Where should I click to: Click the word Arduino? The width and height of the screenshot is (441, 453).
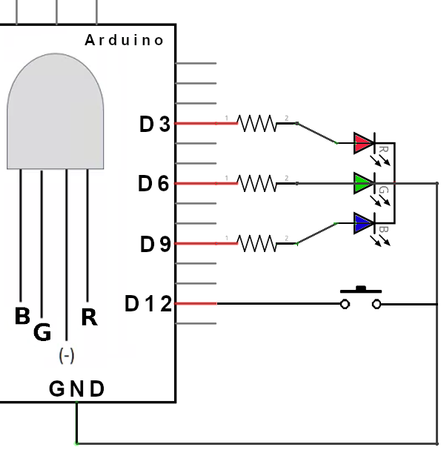click(x=125, y=40)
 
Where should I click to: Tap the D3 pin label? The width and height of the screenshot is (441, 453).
click(x=155, y=124)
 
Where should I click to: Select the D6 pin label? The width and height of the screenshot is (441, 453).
click(x=153, y=183)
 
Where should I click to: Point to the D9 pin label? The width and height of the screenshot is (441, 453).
click(x=156, y=244)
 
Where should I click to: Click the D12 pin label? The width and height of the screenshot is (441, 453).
click(x=148, y=304)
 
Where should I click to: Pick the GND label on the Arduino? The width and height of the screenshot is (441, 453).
click(x=76, y=388)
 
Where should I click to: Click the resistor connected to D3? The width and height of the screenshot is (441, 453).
click(x=256, y=123)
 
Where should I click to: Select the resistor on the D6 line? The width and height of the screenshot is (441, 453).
click(x=256, y=183)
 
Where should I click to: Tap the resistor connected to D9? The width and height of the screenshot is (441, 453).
click(x=256, y=243)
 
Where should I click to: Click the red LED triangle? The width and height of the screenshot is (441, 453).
click(x=363, y=143)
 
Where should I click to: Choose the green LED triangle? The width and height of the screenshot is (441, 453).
click(x=363, y=183)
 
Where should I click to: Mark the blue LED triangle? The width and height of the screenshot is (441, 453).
click(x=363, y=223)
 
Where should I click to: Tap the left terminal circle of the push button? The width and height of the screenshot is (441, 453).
click(x=345, y=304)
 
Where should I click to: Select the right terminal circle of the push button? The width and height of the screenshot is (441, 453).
click(x=377, y=304)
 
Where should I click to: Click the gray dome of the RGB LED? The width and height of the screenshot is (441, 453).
click(x=55, y=111)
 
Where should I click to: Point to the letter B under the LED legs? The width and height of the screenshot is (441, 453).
click(x=22, y=316)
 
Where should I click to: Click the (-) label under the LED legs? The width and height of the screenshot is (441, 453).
click(x=67, y=356)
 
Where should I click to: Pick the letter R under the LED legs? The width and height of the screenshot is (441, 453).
click(x=89, y=317)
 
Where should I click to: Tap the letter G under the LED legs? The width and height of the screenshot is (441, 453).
click(x=42, y=332)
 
